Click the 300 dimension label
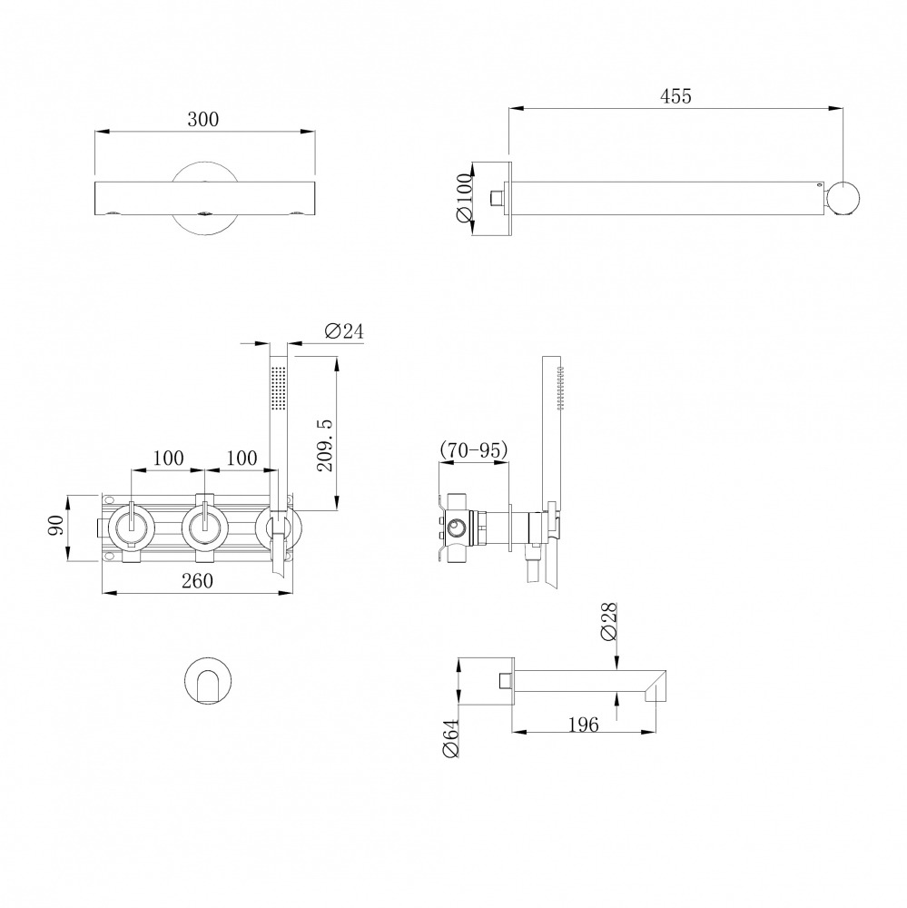click(203, 119)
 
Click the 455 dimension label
click(675, 96)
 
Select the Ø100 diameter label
click(465, 197)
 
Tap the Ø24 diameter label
click(344, 331)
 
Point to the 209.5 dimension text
click(325, 445)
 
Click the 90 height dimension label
click(56, 525)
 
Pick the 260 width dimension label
click(198, 580)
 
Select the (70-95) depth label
click(474, 449)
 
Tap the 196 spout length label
click(583, 725)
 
